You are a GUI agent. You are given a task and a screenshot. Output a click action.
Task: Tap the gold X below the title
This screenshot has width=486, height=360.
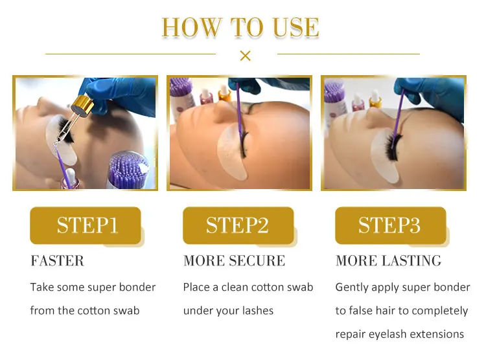click(245, 56)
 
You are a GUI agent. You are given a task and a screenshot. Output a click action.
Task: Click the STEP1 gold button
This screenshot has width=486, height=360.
click(86, 225)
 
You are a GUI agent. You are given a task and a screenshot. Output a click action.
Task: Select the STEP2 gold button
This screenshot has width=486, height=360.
click(238, 225)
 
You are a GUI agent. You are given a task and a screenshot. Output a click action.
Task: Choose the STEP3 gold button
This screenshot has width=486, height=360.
click(391, 225)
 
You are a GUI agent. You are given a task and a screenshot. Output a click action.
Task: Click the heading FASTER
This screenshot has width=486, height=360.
click(57, 260)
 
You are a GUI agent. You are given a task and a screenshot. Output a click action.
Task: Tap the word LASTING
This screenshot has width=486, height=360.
click(411, 260)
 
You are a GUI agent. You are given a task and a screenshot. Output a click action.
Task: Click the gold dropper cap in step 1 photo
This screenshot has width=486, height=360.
click(82, 105)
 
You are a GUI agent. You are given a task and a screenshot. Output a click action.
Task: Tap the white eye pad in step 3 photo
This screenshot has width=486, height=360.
click(386, 157)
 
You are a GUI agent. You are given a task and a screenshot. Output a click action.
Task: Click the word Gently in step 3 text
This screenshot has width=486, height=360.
click(352, 287)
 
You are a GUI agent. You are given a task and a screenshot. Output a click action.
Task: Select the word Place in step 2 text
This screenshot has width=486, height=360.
click(196, 287)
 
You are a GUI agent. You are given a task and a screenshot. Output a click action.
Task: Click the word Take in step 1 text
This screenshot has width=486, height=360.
click(42, 287)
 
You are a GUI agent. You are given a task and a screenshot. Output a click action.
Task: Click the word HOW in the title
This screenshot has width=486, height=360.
click(192, 27)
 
